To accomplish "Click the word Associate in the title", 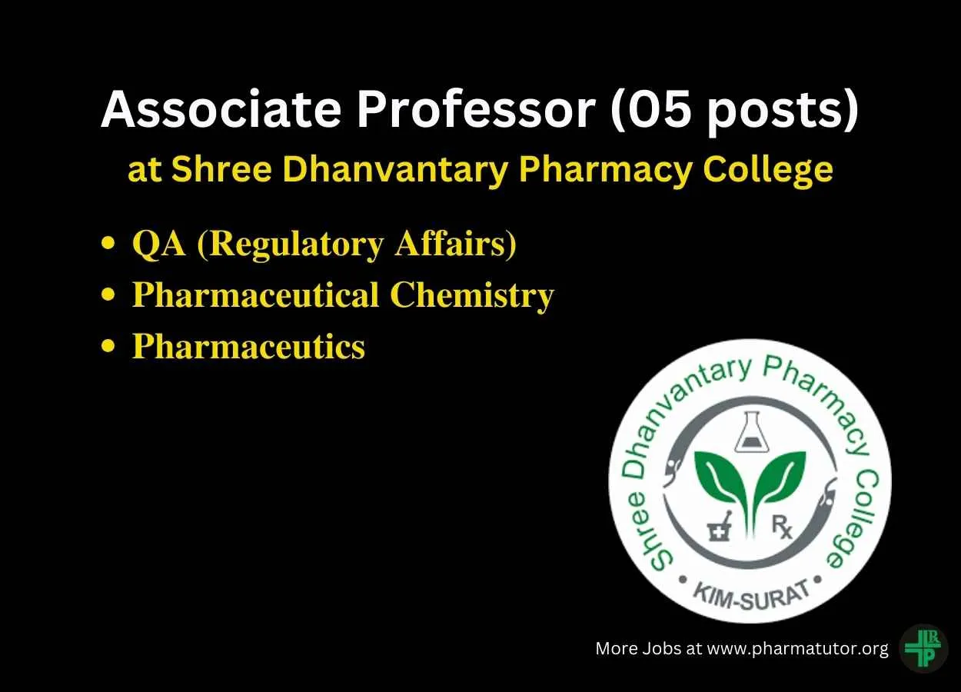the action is (x=221, y=108).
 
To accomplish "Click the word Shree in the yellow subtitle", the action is (x=221, y=169).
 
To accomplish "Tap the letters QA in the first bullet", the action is (x=159, y=245).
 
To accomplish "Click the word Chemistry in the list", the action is (x=472, y=296).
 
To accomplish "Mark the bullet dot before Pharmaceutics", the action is (x=108, y=346).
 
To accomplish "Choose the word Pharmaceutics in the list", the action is (x=248, y=346).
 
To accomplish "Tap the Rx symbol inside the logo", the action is (x=782, y=526).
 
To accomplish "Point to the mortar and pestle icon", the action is (x=720, y=526).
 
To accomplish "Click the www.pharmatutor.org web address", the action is (x=797, y=649).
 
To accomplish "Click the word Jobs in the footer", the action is (x=662, y=648).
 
